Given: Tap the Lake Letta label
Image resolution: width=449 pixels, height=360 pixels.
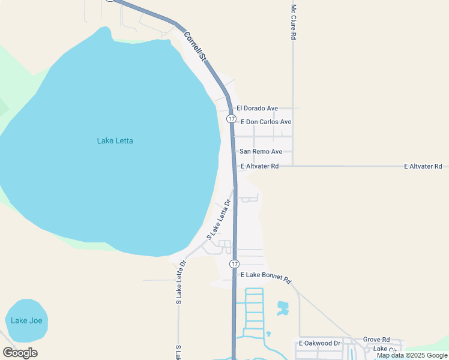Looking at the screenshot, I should click(x=115, y=141).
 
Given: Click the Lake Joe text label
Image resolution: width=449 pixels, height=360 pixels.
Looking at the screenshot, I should click(x=26, y=320).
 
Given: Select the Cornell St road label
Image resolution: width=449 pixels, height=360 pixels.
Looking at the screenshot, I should click(x=195, y=47).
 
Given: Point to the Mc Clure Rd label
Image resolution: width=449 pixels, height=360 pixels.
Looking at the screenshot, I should click(x=294, y=22).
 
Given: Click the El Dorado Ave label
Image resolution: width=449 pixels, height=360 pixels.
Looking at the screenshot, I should click(x=257, y=109).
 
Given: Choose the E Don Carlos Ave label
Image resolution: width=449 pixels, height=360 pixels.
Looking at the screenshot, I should click(x=265, y=122).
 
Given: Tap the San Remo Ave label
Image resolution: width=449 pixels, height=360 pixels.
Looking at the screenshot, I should click(x=261, y=152).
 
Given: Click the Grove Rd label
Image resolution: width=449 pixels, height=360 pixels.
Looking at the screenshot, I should click(x=376, y=339).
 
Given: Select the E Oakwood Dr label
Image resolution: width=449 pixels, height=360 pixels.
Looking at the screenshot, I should click(x=319, y=343).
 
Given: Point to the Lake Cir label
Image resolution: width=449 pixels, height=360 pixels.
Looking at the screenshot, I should click(x=385, y=349).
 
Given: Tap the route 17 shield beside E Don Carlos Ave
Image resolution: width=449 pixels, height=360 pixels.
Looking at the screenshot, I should click(x=231, y=119).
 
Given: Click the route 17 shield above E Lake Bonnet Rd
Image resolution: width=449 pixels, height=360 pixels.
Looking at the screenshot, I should click(x=235, y=264).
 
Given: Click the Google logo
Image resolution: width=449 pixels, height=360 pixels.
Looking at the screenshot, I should click(x=20, y=353).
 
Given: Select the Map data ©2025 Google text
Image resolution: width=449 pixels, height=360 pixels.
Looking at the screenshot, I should click(x=412, y=355).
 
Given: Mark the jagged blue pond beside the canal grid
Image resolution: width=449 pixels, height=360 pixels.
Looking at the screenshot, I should click(x=282, y=308).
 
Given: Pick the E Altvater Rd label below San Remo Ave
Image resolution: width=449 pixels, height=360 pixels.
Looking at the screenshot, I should click(x=259, y=166).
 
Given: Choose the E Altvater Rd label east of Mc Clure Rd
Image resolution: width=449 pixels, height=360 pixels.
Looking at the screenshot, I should click(x=423, y=166).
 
